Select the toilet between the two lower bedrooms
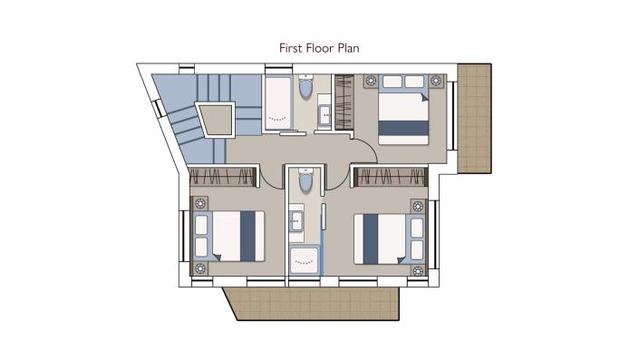pyautogui.click(x=306, y=180)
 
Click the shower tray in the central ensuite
pyautogui.click(x=305, y=260)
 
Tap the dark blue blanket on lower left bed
pyautogui.click(x=248, y=236)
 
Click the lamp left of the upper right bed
pyautogui.click(x=371, y=82)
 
